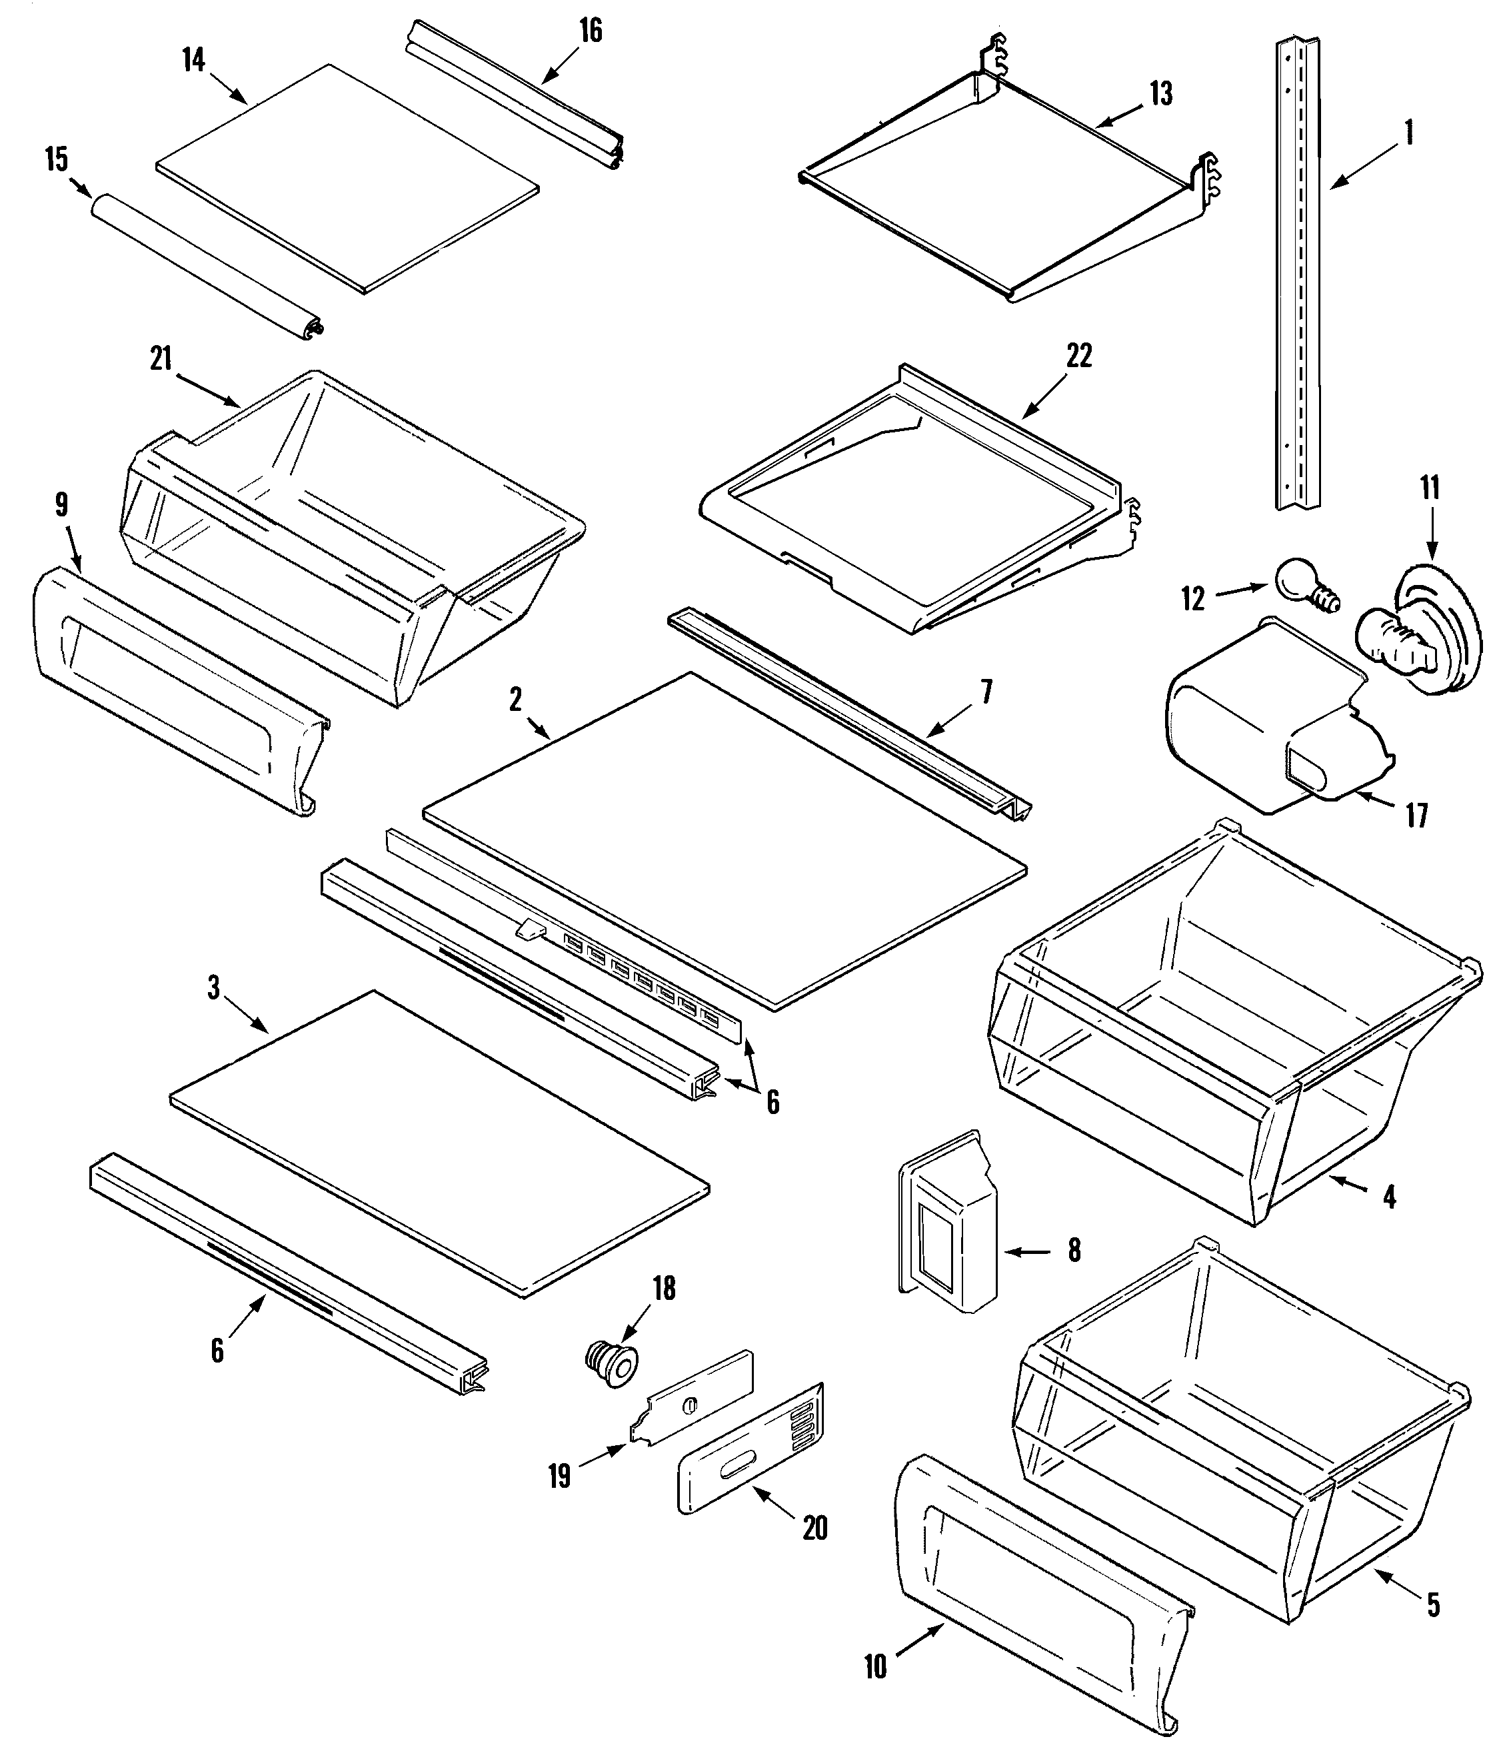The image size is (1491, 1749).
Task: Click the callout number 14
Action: point(193,60)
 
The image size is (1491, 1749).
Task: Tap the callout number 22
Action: point(1079,356)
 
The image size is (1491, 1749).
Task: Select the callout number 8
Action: point(1074,1250)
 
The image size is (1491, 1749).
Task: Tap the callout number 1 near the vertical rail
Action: point(1408,133)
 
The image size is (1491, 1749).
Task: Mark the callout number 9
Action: point(61,505)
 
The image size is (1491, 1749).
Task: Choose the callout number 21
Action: point(161,358)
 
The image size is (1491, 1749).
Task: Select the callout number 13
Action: point(1161,94)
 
